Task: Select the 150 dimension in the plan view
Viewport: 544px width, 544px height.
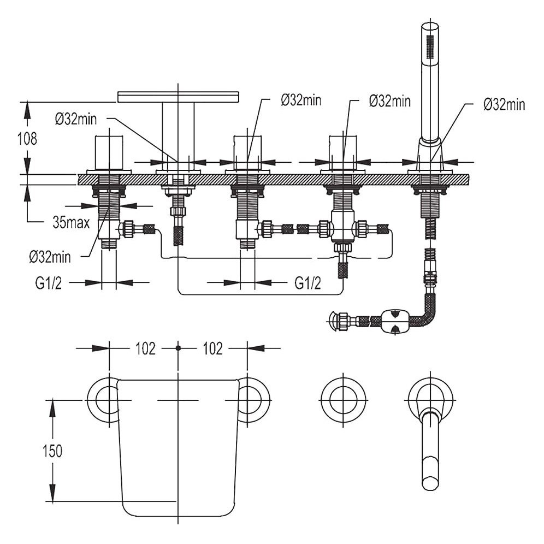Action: (52, 451)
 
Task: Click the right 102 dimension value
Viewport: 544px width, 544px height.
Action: (212, 348)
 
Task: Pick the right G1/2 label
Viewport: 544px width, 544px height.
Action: (308, 283)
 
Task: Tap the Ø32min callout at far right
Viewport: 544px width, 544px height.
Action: (504, 104)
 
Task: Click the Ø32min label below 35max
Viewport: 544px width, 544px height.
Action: (53, 255)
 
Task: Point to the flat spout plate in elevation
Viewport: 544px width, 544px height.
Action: (179, 97)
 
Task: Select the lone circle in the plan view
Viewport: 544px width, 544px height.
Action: (343, 399)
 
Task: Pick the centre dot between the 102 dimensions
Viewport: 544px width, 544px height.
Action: (179, 348)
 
